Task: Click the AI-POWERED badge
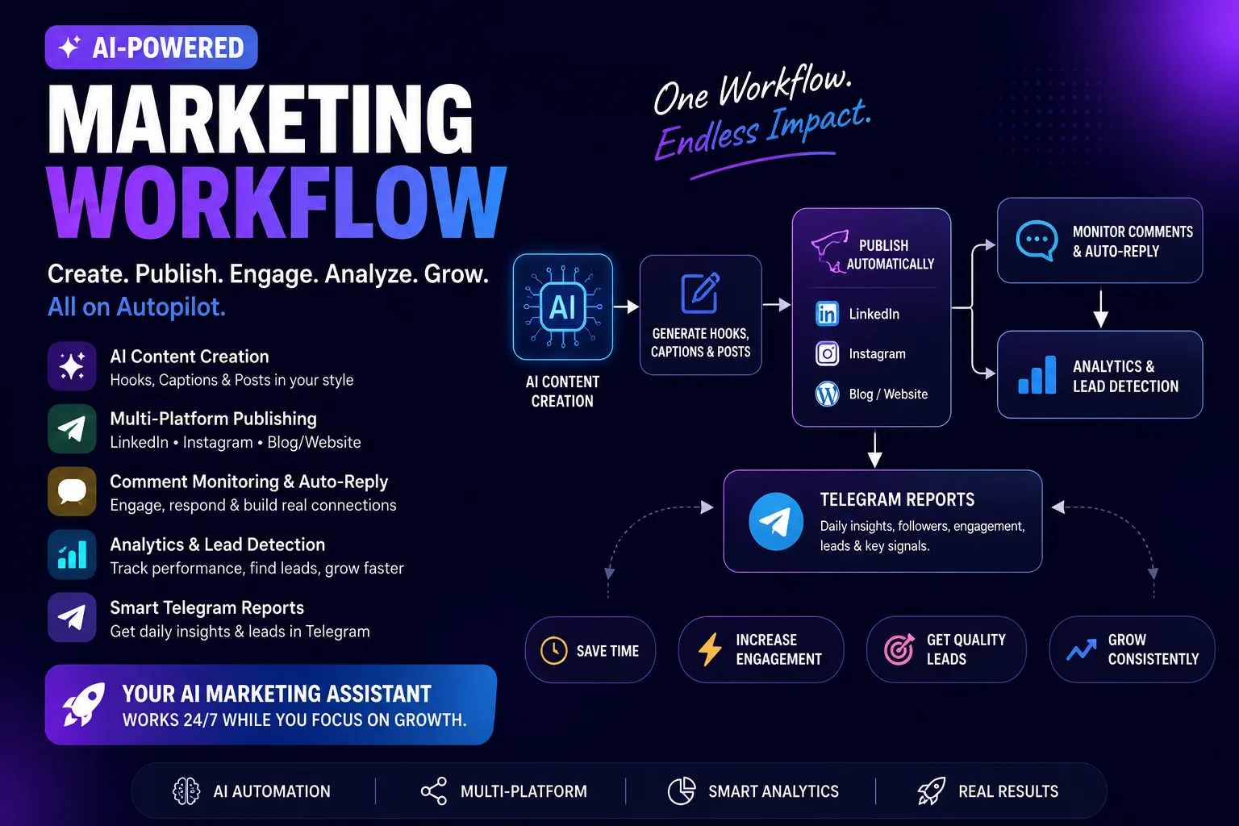151,47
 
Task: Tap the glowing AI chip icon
562,307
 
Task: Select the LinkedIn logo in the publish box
827,314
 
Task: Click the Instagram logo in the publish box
827,353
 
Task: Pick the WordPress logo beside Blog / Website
827,394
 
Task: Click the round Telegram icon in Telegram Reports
775,521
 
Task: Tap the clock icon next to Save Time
553,650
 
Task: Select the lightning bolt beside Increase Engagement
710,649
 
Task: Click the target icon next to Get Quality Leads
899,649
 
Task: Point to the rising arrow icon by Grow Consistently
1082,650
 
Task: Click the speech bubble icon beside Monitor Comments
1037,240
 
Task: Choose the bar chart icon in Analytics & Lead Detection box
1037,375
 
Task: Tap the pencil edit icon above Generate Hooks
700,293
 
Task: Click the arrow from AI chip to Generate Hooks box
626,307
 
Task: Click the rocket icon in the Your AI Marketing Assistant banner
84,703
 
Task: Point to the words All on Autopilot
136,307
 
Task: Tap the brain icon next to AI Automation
186,791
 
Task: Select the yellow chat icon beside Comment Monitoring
72,491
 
